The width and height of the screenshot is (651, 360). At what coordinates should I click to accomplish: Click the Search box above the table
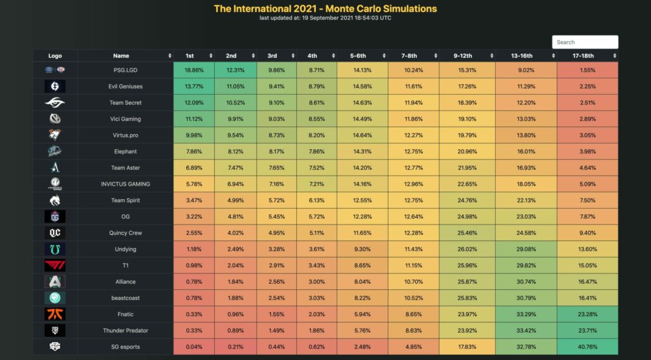pyautogui.click(x=585, y=42)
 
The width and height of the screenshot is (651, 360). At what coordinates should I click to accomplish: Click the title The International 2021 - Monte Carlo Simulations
pyautogui.click(x=325, y=9)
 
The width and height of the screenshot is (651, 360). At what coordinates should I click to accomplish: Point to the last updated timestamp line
pyautogui.click(x=325, y=18)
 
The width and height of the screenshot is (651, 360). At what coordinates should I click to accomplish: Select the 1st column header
pyautogui.click(x=189, y=56)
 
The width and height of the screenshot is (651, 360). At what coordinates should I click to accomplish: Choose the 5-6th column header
pyautogui.click(x=357, y=56)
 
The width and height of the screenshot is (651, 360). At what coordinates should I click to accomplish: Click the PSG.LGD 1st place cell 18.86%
pyautogui.click(x=194, y=70)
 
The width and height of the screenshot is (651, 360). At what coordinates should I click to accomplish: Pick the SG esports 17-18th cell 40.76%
pyautogui.click(x=588, y=347)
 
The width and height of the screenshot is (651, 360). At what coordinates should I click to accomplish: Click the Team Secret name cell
pyautogui.click(x=126, y=102)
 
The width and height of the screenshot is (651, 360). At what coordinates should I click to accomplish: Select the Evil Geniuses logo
pyautogui.click(x=55, y=86)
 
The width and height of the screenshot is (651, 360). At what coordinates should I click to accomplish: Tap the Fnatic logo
pyautogui.click(x=55, y=314)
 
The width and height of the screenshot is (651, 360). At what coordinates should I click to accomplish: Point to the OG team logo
pyautogui.click(x=55, y=216)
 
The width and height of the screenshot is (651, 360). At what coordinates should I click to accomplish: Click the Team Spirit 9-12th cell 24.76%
pyautogui.click(x=467, y=200)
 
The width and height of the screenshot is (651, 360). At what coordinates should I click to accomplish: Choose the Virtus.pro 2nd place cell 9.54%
pyautogui.click(x=235, y=135)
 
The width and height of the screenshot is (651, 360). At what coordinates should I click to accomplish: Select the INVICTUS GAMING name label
pyautogui.click(x=126, y=184)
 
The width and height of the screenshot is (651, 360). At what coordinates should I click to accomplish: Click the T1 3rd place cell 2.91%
pyautogui.click(x=277, y=265)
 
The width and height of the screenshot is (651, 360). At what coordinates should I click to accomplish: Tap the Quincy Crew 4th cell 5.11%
pyautogui.click(x=316, y=233)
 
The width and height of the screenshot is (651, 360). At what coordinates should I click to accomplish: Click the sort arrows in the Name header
pyautogui.click(x=170, y=56)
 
